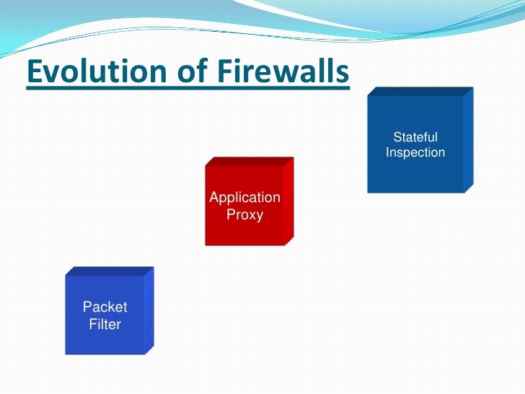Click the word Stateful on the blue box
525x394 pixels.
(x=415, y=137)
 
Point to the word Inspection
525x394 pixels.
(x=415, y=153)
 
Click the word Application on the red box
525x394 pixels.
(x=244, y=197)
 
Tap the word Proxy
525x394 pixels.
(x=244, y=214)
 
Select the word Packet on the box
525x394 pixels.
(x=105, y=307)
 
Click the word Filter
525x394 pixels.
(x=105, y=324)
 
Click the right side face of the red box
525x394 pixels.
(x=288, y=201)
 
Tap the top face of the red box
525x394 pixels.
(x=250, y=161)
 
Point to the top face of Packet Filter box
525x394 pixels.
(x=110, y=271)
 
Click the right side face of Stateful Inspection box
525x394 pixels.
(x=468, y=141)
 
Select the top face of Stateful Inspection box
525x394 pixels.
(x=420, y=92)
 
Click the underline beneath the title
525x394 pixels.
(x=187, y=89)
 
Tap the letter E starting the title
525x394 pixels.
(x=34, y=73)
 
